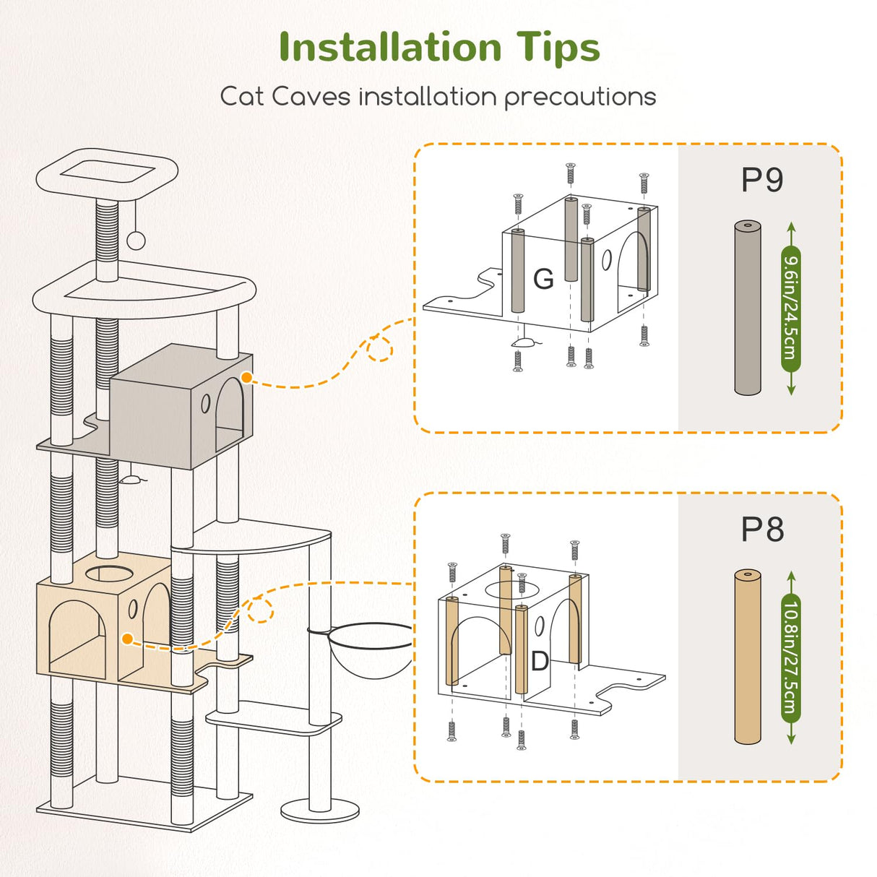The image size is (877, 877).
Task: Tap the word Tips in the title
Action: click(558, 48)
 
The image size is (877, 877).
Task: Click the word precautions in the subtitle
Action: click(580, 97)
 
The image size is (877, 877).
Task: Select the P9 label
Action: click(762, 180)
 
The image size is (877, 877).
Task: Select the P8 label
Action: click(762, 530)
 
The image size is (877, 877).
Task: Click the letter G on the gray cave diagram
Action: click(543, 279)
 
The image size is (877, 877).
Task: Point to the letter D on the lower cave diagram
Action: click(540, 661)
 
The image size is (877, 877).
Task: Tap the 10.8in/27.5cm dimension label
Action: click(791, 657)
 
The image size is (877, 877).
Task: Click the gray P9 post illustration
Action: click(748, 308)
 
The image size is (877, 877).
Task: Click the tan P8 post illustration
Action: click(747, 657)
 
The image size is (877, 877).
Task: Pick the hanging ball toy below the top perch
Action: click(135, 241)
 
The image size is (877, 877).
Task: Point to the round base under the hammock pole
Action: click(320, 811)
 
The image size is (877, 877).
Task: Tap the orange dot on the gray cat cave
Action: click(246, 378)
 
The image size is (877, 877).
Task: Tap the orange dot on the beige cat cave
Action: click(128, 639)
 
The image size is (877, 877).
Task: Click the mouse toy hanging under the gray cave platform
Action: click(129, 478)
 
